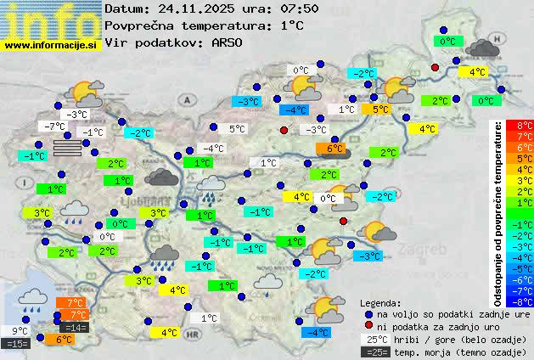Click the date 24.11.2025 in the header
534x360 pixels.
187,8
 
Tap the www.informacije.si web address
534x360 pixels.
51,45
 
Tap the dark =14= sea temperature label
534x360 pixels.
74,327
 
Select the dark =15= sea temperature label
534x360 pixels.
17,343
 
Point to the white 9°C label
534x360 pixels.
19,331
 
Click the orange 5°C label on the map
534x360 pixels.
379,109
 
